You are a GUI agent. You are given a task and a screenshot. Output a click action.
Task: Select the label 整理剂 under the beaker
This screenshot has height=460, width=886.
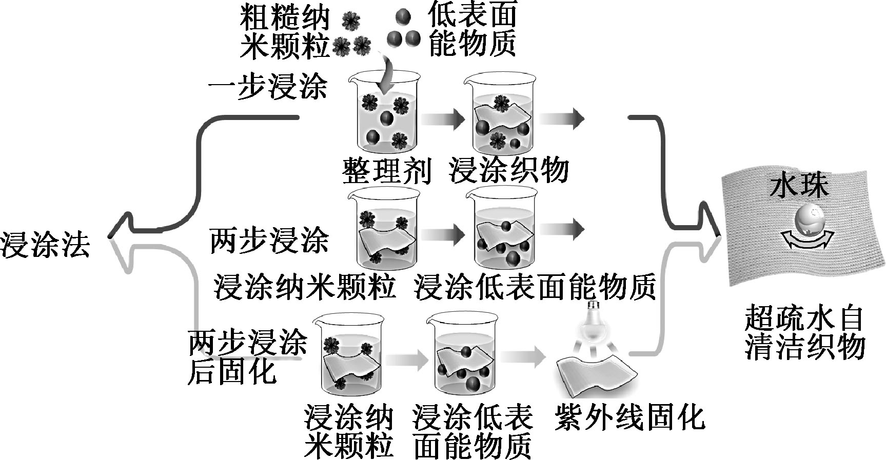pos(386,170)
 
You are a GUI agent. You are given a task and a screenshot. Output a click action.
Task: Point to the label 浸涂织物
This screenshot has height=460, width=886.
pos(508,170)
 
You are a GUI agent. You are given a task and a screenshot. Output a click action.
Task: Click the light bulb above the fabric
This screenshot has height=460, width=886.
pos(594,322)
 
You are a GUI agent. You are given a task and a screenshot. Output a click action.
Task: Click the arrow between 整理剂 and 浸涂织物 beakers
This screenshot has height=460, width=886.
pos(443,119)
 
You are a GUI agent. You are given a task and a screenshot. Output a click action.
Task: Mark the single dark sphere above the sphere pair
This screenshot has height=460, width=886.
pos(403,17)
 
